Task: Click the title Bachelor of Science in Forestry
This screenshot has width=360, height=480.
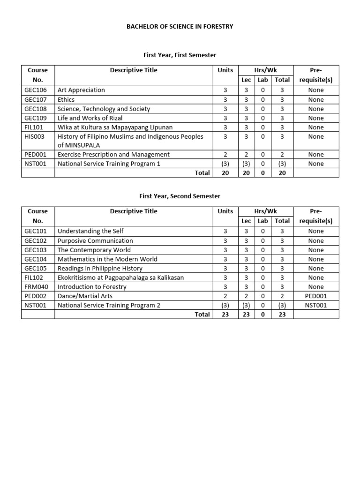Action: pyautogui.click(x=180, y=27)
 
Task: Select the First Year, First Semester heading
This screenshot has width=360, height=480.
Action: pyautogui.click(x=180, y=55)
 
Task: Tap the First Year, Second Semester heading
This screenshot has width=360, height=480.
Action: pyautogui.click(x=180, y=196)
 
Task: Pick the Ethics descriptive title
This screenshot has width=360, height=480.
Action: pyautogui.click(x=66, y=99)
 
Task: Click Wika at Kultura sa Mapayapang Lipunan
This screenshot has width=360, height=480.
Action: pyautogui.click(x=115, y=127)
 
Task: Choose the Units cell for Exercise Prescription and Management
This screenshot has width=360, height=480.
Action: pyautogui.click(x=225, y=154)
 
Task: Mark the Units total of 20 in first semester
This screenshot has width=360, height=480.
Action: pyautogui.click(x=225, y=172)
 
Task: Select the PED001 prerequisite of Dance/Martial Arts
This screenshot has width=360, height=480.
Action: pyautogui.click(x=315, y=296)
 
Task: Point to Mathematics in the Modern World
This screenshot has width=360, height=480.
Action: pyautogui.click(x=107, y=259)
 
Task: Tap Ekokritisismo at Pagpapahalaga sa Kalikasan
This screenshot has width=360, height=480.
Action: pyautogui.click(x=120, y=277)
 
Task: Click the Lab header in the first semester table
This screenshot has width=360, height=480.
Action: pyautogui.click(x=262, y=80)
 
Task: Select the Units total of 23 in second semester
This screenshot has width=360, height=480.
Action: pyautogui.click(x=225, y=315)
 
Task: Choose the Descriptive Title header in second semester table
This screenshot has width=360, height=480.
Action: pyautogui.click(x=134, y=211)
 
